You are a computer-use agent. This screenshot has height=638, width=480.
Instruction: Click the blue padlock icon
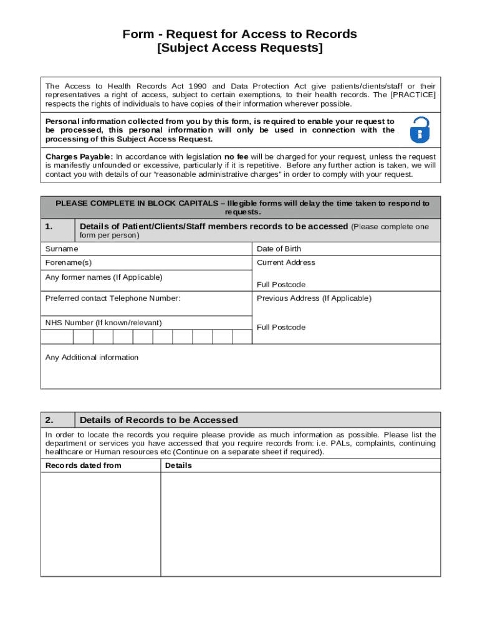pyautogui.click(x=420, y=130)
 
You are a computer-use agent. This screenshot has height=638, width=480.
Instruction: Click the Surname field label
pyautogui.click(x=62, y=249)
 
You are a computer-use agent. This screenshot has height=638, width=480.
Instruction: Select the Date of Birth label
pyautogui.click(x=279, y=249)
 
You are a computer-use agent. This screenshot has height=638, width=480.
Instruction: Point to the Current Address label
pyautogui.click(x=286, y=263)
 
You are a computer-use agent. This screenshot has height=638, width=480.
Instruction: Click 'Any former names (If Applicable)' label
pyautogui.click(x=103, y=277)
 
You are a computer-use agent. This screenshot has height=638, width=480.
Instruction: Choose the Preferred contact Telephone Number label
pyautogui.click(x=112, y=298)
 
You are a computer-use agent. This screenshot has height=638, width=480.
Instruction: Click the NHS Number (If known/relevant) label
pyautogui.click(x=103, y=323)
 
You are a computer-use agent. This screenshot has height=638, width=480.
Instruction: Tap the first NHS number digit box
pyautogui.click(x=57, y=337)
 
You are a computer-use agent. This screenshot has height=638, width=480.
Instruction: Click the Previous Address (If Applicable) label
pyautogui.click(x=314, y=298)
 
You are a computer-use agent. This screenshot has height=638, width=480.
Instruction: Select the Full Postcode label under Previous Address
pyautogui.click(x=281, y=328)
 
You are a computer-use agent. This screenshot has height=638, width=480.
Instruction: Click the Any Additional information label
pyautogui.click(x=92, y=358)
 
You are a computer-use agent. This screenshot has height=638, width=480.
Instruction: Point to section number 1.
pyautogui.click(x=49, y=227)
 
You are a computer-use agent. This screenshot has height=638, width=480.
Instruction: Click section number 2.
pyautogui.click(x=49, y=420)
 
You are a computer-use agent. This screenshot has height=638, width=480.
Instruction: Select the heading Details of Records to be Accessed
pyautogui.click(x=158, y=420)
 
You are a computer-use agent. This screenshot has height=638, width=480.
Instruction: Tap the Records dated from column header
pyautogui.click(x=83, y=466)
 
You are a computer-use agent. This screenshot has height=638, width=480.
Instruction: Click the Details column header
pyautogui.click(x=178, y=466)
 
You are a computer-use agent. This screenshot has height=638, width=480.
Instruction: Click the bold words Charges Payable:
pyautogui.click(x=79, y=156)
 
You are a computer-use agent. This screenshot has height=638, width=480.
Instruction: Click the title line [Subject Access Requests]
pyautogui.click(x=240, y=49)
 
